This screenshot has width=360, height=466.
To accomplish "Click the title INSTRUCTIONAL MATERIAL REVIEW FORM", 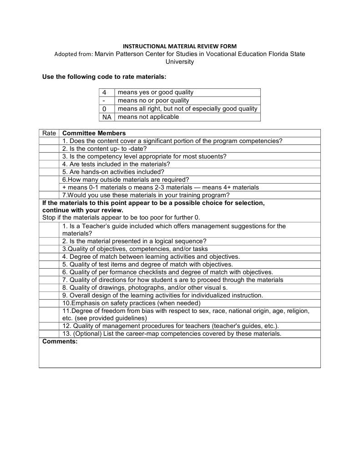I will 180,46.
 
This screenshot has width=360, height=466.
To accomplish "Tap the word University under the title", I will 180,61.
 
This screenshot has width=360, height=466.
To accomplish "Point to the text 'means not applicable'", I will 148,117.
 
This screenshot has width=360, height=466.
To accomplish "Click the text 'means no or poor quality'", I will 153,101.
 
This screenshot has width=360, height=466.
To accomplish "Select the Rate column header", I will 49,133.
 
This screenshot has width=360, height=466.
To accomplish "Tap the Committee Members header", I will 94,133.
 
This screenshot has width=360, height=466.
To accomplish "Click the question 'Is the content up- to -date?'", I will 104,149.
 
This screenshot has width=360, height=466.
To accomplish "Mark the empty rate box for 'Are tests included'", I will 49,164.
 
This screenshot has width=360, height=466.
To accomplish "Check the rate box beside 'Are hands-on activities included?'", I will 49,172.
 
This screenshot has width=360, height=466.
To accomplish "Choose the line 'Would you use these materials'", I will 146,195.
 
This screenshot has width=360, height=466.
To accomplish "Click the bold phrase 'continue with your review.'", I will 82,210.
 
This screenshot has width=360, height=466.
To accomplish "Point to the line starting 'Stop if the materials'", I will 121,218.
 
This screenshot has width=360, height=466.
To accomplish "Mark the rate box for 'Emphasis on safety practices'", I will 49,303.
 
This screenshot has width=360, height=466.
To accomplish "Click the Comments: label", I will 60,341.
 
